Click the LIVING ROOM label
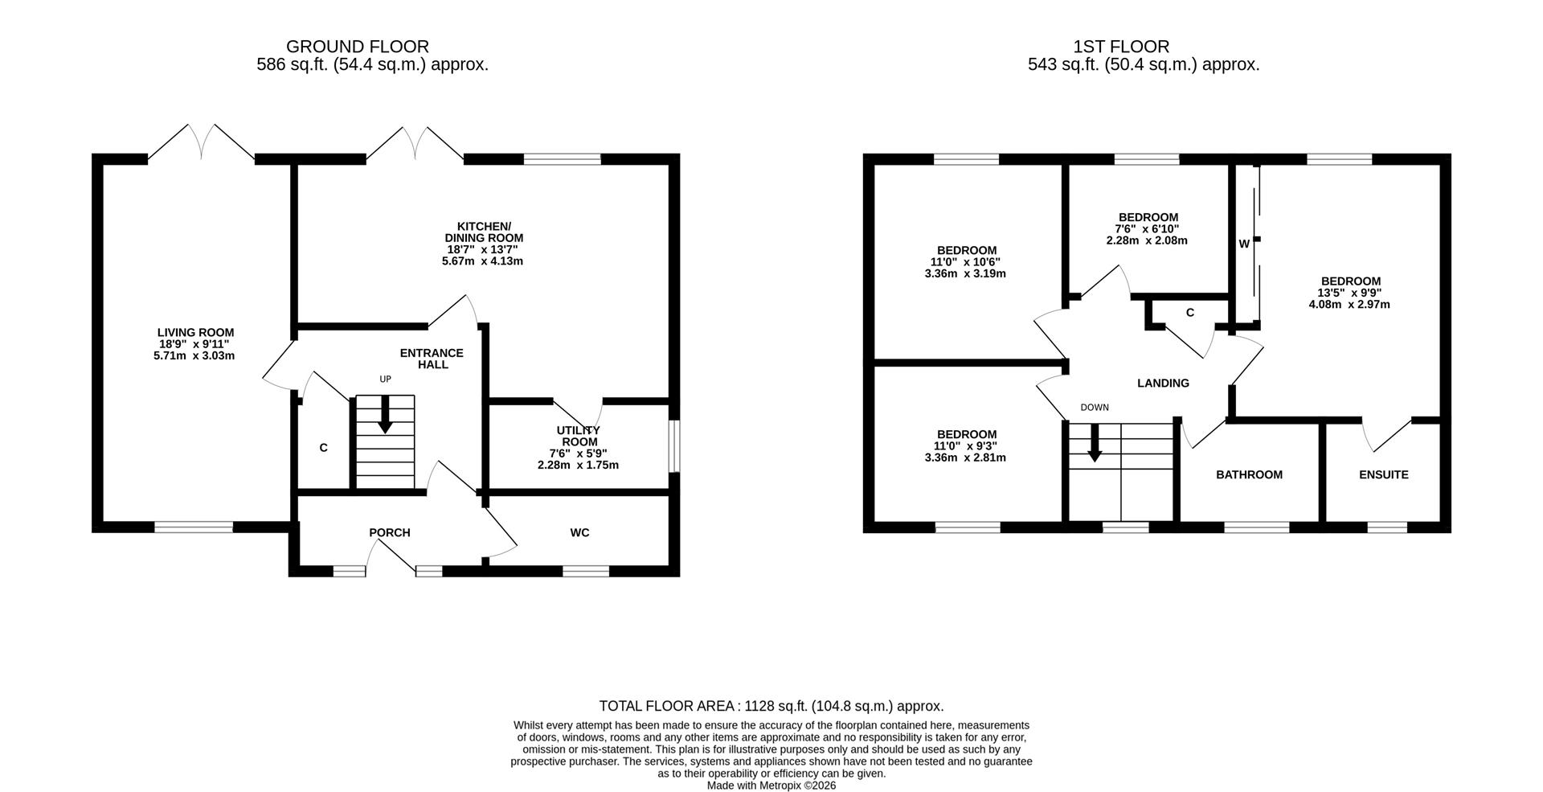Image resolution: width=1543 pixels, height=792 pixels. tap(195, 332)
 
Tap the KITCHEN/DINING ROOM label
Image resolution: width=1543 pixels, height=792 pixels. tap(484, 232)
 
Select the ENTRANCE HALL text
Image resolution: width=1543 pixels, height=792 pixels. tap(432, 359)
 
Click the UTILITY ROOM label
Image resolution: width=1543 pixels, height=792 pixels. tap(579, 436)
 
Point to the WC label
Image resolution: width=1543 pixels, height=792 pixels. tap(579, 532)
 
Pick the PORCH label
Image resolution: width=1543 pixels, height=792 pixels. tap(390, 532)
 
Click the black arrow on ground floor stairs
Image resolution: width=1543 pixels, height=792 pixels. tap(385, 414)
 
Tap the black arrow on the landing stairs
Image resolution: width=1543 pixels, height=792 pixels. tap(1094, 443)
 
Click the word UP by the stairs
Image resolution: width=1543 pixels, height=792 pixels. tap(386, 379)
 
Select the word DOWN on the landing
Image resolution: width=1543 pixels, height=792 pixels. tap(1095, 408)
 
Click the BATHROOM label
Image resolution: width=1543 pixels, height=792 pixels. tap(1249, 474)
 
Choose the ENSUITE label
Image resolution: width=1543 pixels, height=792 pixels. tap(1384, 474)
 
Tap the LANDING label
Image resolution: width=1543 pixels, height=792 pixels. tap(1163, 383)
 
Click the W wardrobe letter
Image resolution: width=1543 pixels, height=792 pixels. tap(1244, 244)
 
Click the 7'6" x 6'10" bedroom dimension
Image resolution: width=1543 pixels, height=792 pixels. tap(1148, 228)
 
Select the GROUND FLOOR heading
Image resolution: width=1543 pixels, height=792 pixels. tap(358, 47)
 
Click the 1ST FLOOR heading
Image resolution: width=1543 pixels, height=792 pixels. tap(1121, 47)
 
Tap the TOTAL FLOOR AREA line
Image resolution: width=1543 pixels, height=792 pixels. tap(771, 706)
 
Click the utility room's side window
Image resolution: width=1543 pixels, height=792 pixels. tap(674, 446)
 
